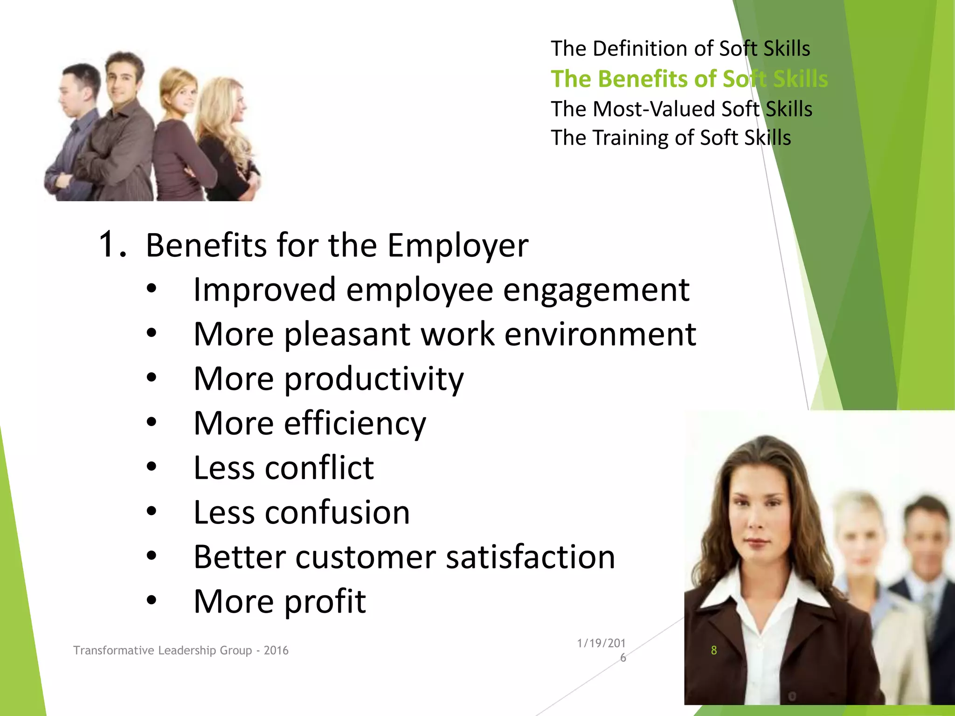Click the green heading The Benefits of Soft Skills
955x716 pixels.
coord(689,79)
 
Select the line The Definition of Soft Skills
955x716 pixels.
coord(680,48)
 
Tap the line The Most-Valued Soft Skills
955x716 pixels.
coord(681,109)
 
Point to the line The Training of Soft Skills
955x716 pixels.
coord(671,138)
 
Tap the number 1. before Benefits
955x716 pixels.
coord(112,244)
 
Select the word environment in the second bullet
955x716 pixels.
coord(600,334)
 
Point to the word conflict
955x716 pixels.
coord(319,468)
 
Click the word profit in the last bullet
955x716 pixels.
coord(325,601)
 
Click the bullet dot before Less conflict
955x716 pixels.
coord(151,467)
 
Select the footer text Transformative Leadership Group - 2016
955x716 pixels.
coord(180,650)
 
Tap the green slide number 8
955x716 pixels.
coord(713,650)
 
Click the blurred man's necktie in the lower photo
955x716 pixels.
coord(927,606)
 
